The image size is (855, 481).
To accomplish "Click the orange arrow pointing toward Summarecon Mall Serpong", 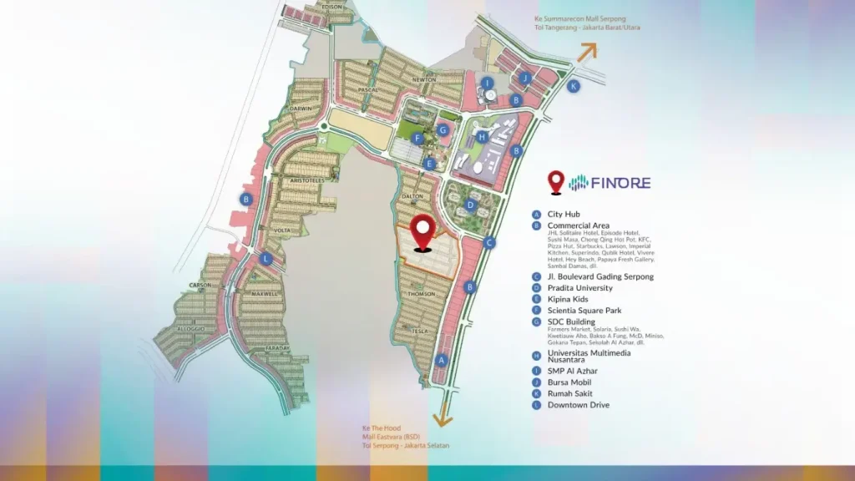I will tap(585, 52).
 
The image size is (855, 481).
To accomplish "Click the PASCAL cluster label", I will tap(367, 89).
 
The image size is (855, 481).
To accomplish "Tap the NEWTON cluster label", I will tap(424, 80).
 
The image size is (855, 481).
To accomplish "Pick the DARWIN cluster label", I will tap(301, 109).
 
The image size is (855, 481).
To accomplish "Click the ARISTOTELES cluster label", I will tap(306, 180).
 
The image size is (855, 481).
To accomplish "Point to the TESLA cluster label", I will tap(419, 332).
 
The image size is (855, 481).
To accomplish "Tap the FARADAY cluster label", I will tap(277, 349).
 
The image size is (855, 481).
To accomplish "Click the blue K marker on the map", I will tap(573, 86).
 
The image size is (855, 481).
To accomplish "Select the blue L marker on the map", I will tap(266, 259).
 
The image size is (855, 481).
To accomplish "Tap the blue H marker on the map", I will tap(482, 137).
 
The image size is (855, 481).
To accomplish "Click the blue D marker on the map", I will tap(471, 205).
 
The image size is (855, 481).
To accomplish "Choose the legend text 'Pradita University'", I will tap(579, 288).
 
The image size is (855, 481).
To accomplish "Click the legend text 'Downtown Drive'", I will tap(578, 405).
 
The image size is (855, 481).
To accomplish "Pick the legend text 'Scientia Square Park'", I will tap(584, 311).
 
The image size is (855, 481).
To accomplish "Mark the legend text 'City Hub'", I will tap(564, 215).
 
